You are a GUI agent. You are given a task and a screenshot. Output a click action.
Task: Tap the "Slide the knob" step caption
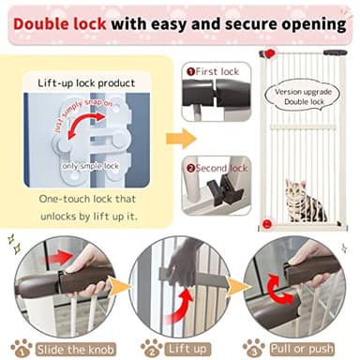68,346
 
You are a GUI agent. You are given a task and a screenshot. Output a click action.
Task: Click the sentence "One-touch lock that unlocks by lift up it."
90,207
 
